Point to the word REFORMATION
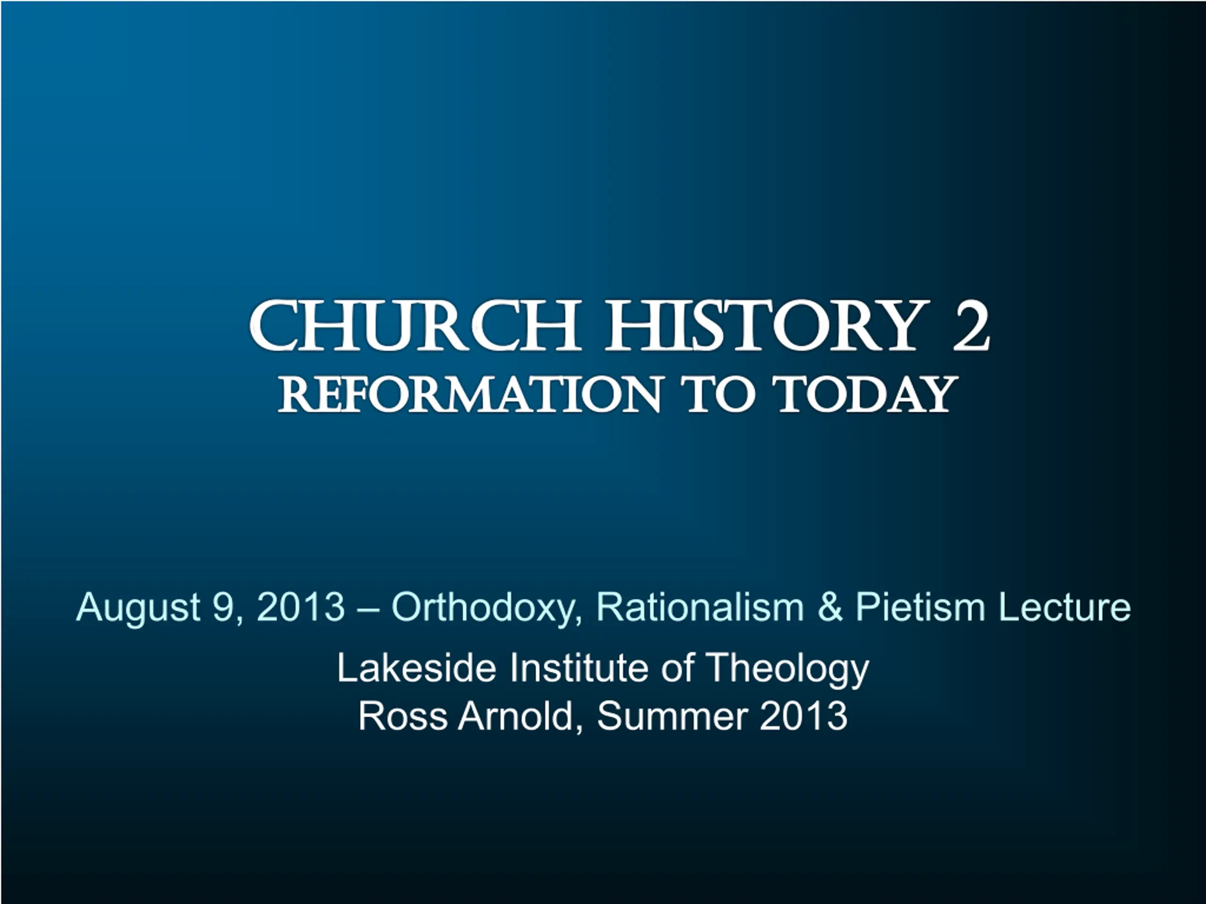pyautogui.click(x=469, y=394)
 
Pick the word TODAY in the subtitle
pyautogui.click(x=866, y=394)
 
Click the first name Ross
pyautogui.click(x=403, y=716)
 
